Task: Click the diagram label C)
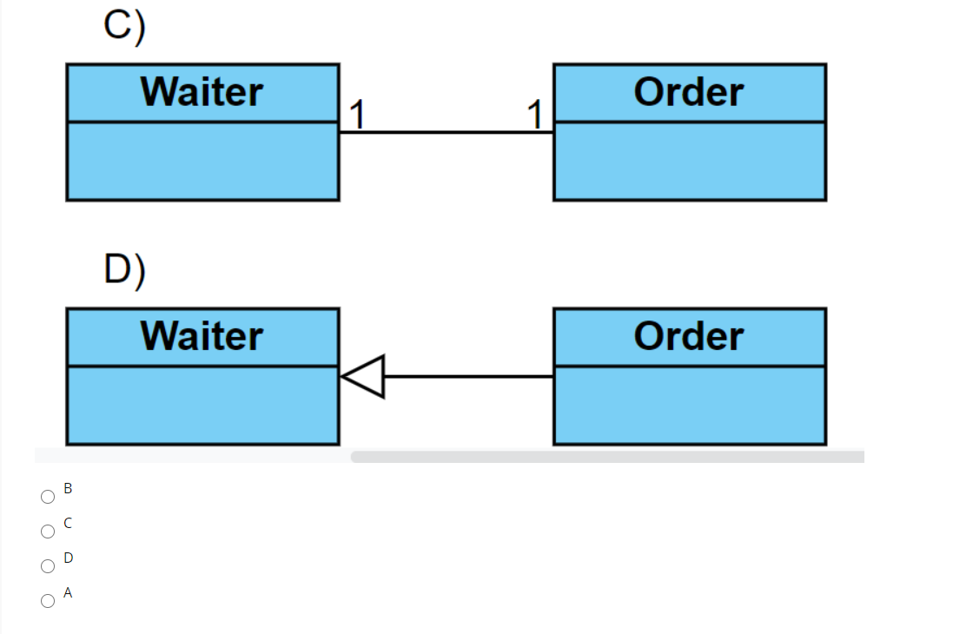[125, 26]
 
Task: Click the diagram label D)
[125, 269]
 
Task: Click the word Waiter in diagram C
[202, 92]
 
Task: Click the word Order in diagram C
[688, 92]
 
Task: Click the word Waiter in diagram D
[202, 336]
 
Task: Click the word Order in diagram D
[688, 336]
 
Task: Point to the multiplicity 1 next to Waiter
[355, 114]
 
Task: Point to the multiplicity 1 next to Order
[535, 114]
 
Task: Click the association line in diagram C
[446, 132]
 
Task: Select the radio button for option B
[48, 497]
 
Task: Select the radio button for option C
[48, 532]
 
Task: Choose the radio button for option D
[48, 566]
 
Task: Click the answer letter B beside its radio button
[69, 489]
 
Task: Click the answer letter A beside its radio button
[69, 593]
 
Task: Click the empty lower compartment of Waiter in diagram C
[202, 162]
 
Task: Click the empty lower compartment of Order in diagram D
[689, 406]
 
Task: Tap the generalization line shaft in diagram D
[469, 376]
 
